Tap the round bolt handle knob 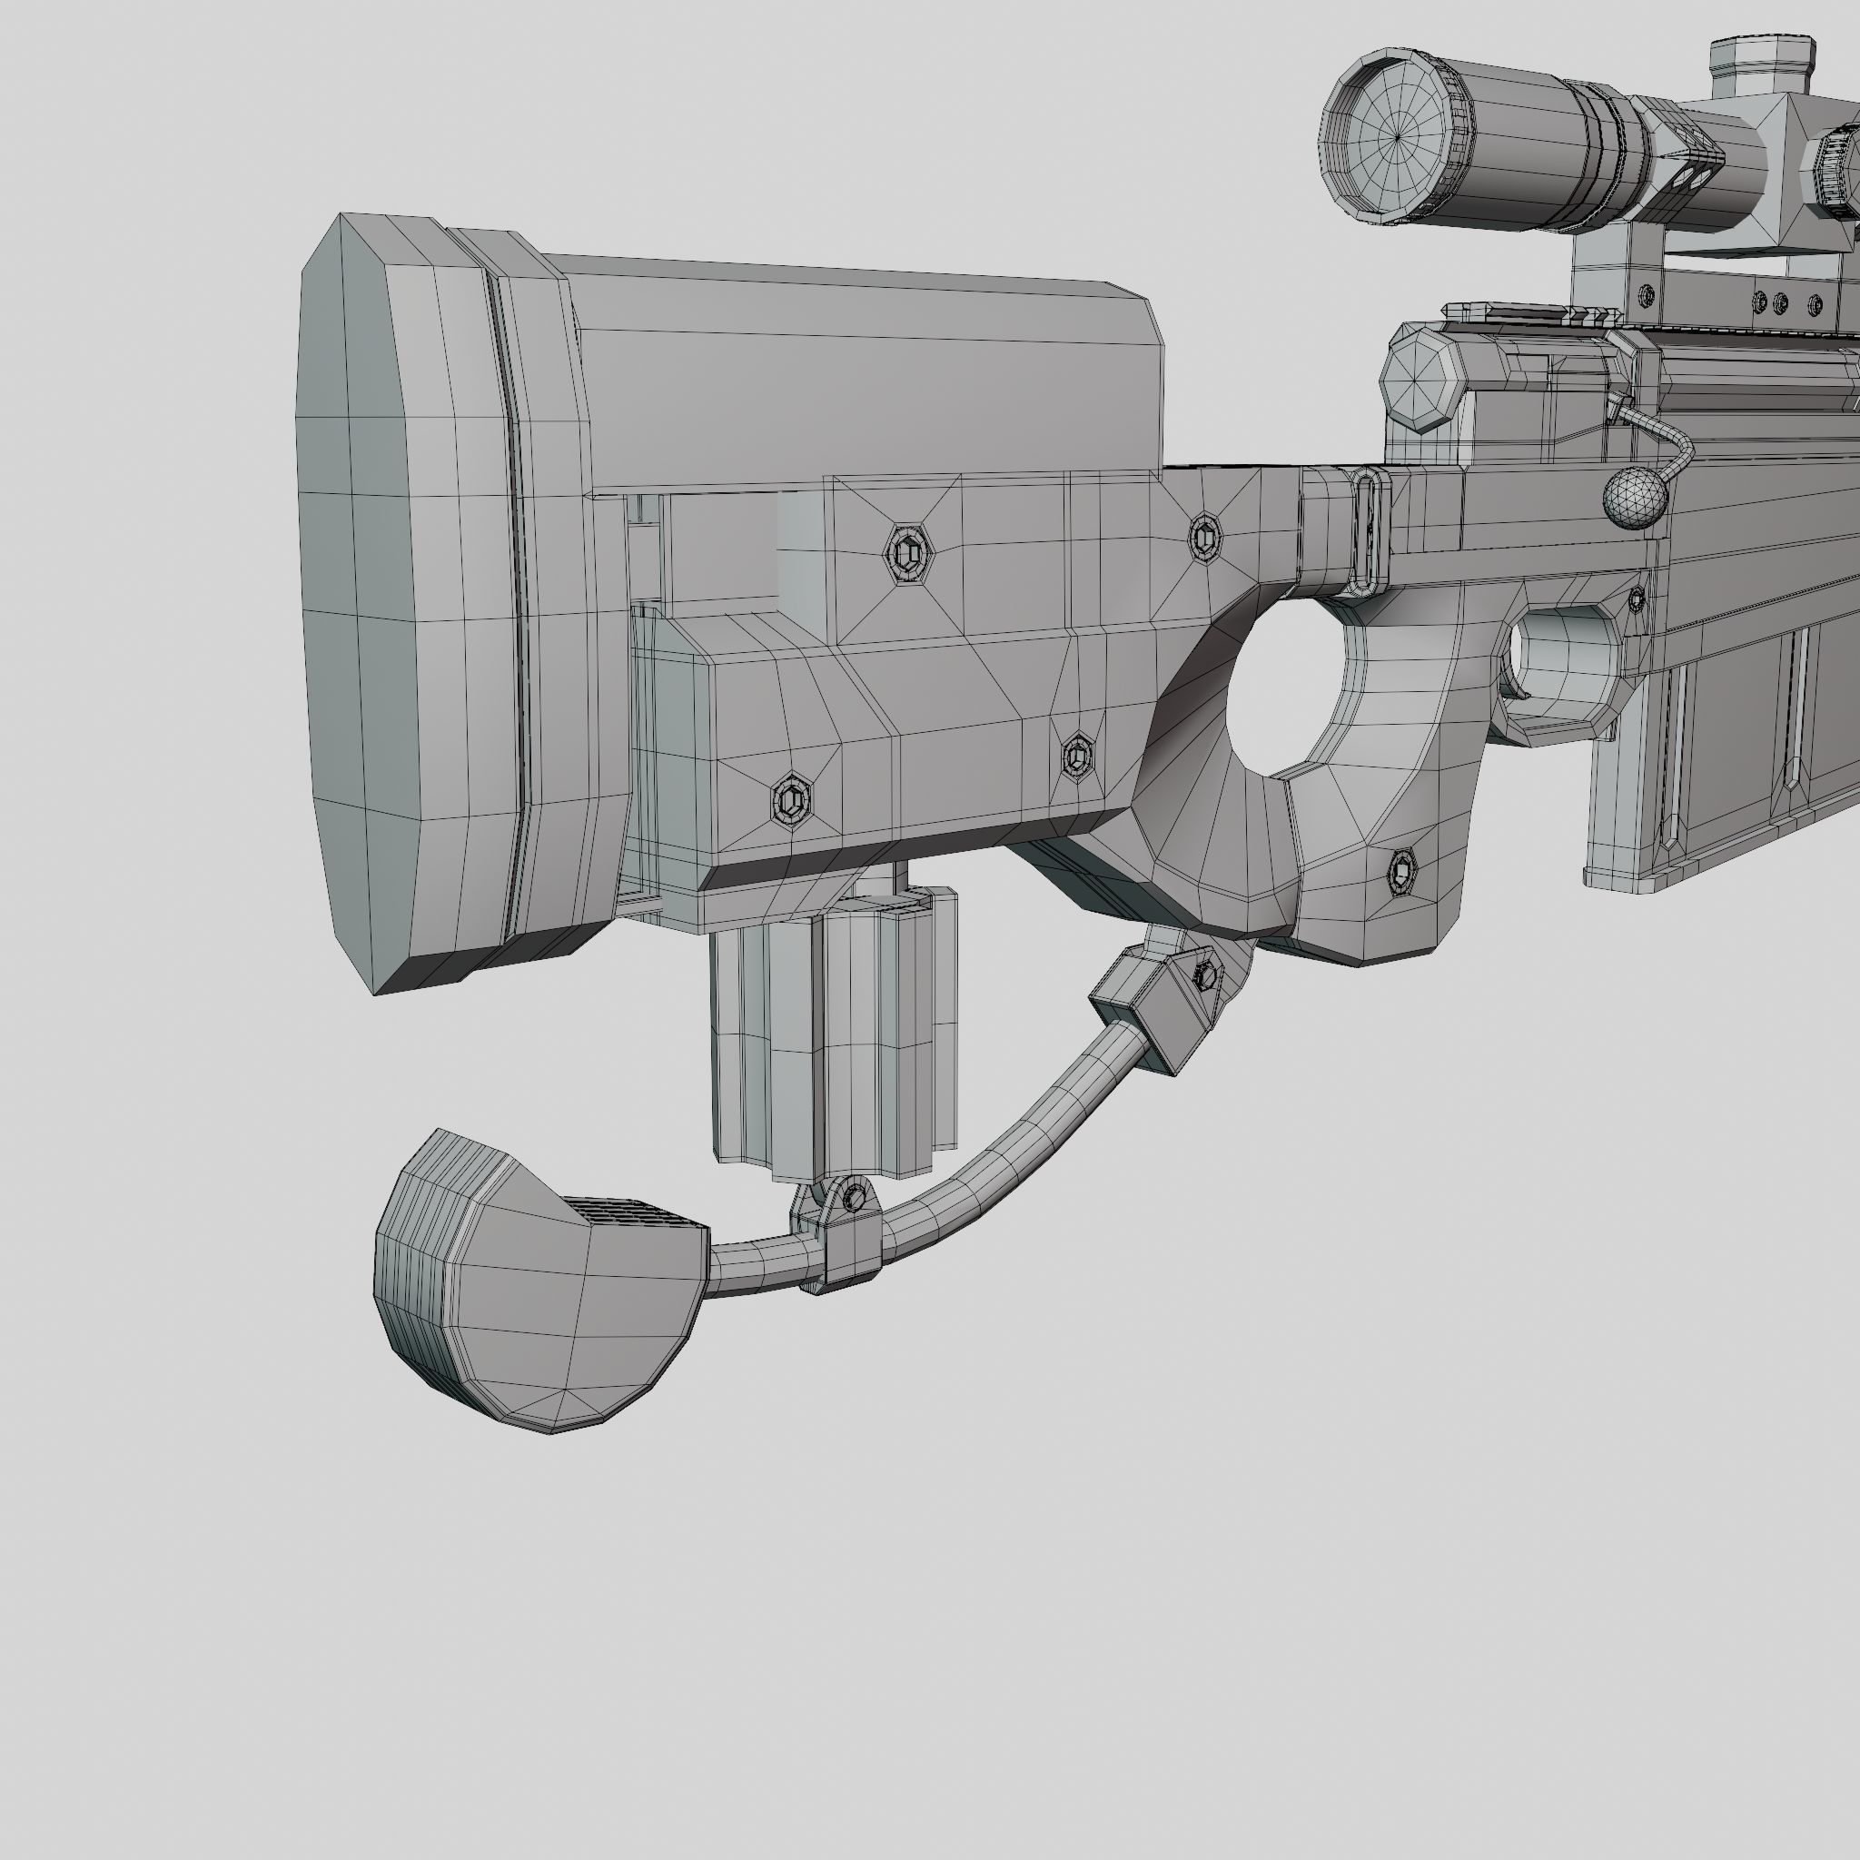(1634, 498)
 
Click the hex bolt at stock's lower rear (791, 800)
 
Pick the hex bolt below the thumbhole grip (1402, 871)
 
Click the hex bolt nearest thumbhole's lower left (1077, 754)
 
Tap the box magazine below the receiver (1723, 751)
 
